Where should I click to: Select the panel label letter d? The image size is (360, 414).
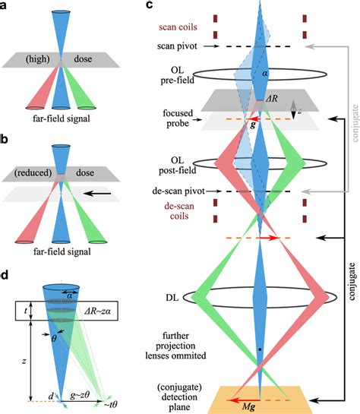tap(8, 274)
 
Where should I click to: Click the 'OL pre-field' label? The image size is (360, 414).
tap(182, 76)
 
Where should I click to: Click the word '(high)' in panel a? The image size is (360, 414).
tap(36, 58)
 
